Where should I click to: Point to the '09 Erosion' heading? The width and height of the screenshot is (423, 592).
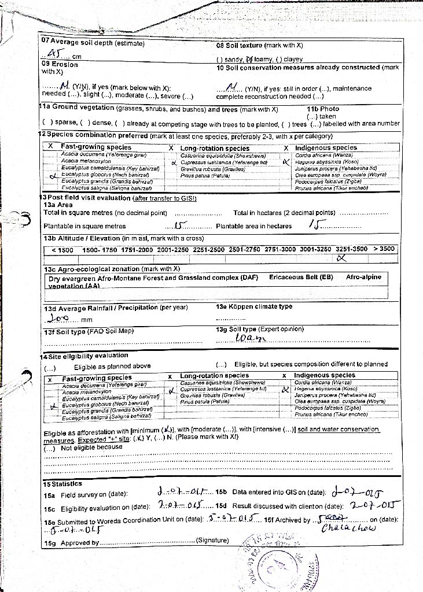pyautogui.click(x=59, y=64)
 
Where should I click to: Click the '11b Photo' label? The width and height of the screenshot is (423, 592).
pyautogui.click(x=323, y=109)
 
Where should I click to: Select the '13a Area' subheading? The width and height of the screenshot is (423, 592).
pyautogui.click(x=58, y=205)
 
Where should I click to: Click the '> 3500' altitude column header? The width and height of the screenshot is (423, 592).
pyautogui.click(x=384, y=249)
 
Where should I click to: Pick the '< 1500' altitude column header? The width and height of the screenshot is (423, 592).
pyautogui.click(x=62, y=250)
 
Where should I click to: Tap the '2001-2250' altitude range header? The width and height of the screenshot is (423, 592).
pyautogui.click(x=174, y=250)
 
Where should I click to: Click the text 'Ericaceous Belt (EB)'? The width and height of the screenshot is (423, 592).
pyautogui.click(x=301, y=277)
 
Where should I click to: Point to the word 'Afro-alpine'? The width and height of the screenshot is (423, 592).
pyautogui.click(x=363, y=277)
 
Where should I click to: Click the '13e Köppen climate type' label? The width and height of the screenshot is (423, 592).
pyautogui.click(x=254, y=307)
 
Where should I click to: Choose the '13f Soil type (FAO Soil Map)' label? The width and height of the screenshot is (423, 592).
pyautogui.click(x=89, y=331)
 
